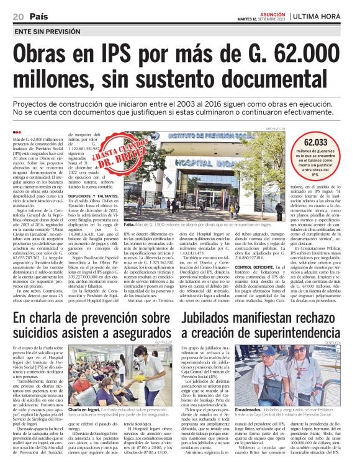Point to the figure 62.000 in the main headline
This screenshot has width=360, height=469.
313,53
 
